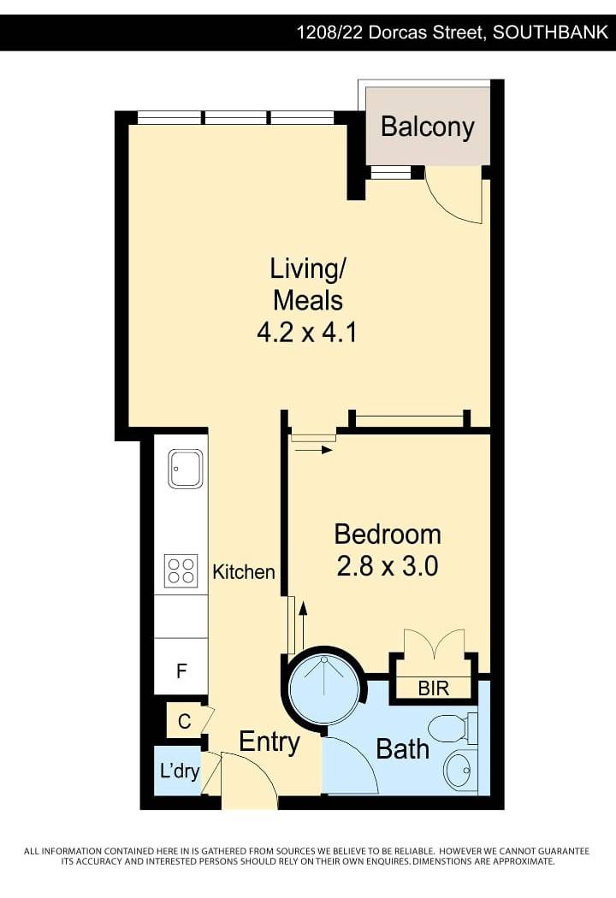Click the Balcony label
(428, 127)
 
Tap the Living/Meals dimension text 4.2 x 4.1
(307, 332)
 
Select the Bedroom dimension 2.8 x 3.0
(388, 566)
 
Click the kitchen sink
(185, 469)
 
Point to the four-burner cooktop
(181, 570)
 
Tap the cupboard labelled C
(184, 721)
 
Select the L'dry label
(180, 771)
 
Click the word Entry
(269, 742)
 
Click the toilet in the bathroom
(454, 727)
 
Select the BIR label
(433, 688)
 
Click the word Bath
(402, 749)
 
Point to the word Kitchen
(244, 571)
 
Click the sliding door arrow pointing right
(312, 450)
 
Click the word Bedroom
(388, 535)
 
